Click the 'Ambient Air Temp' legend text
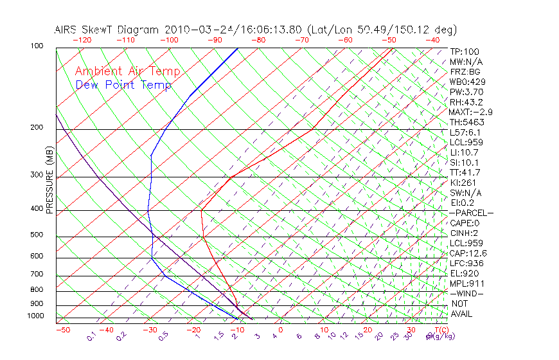[x=127, y=71]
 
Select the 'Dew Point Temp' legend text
[x=123, y=85]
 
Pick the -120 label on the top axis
[x=82, y=40]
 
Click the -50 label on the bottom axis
[x=62, y=330]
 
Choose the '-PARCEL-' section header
[x=471, y=213]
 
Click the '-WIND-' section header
[x=467, y=293]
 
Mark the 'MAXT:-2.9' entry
[x=471, y=112]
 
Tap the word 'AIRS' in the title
[x=67, y=30]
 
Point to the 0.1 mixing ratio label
[x=92, y=336]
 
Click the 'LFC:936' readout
[x=467, y=263]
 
